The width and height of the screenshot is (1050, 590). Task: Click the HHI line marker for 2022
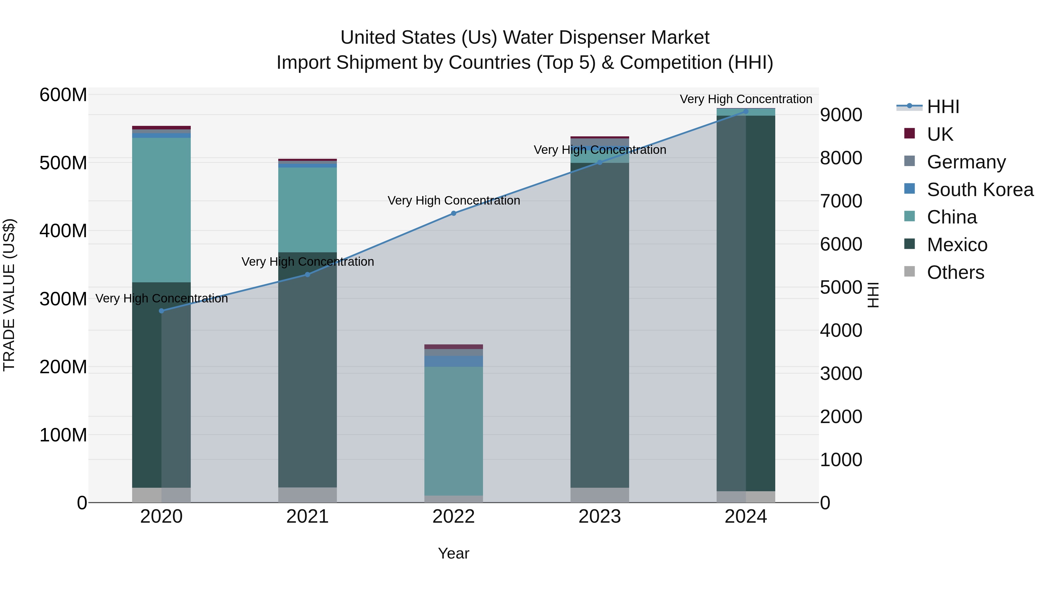(453, 213)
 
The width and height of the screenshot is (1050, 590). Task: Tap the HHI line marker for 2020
(161, 311)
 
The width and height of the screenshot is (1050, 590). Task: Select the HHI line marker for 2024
(745, 111)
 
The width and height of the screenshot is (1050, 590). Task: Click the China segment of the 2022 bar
(453, 431)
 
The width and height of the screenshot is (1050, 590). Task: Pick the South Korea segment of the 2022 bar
(453, 361)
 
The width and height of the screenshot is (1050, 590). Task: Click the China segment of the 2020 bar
(161, 210)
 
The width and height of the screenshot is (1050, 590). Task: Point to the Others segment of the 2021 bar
(307, 495)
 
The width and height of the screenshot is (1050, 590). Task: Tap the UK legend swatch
(909, 133)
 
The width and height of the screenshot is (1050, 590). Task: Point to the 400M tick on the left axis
(63, 231)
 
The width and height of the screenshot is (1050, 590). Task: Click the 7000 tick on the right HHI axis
(841, 201)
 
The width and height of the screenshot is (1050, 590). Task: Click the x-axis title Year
(453, 553)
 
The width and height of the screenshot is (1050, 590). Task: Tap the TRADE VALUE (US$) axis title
(9, 295)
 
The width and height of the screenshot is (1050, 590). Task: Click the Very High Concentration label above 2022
(453, 200)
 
